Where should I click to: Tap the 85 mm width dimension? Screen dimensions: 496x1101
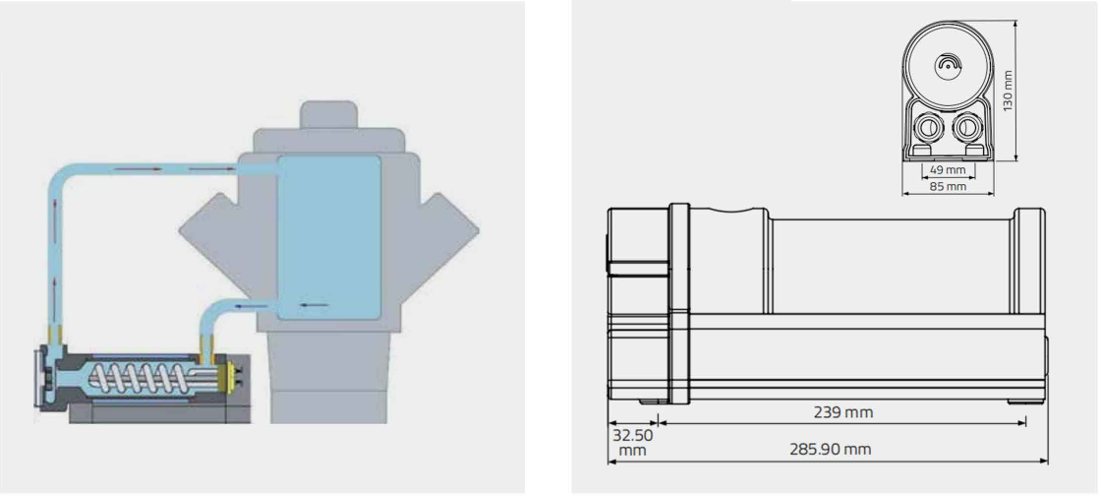click(948, 185)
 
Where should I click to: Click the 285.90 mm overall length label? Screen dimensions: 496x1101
click(831, 450)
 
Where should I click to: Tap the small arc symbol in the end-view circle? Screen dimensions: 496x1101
click(947, 63)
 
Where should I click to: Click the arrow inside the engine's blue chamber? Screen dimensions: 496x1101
click(315, 305)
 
